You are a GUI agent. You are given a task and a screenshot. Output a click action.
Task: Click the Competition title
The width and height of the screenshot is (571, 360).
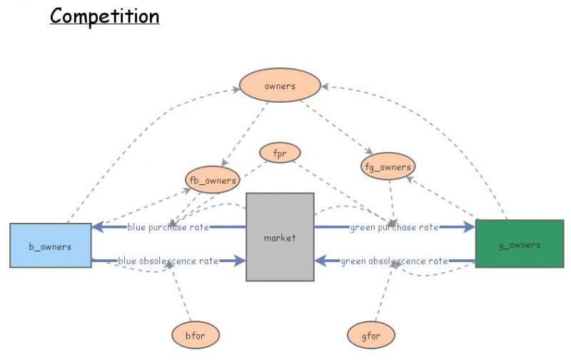coord(104,16)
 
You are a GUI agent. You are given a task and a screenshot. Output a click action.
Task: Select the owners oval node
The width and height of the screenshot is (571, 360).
coord(280,86)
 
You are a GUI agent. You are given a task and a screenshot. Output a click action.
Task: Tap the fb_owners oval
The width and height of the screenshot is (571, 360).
coord(211,181)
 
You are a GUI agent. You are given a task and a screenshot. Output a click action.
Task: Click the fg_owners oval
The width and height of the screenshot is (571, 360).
coord(388,167)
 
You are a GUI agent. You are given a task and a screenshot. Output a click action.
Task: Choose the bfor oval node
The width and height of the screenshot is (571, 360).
coord(195,334)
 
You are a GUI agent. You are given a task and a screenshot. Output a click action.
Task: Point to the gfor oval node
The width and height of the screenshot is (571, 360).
coord(370,334)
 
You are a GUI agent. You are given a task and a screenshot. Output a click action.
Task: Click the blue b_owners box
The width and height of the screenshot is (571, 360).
coord(51,246)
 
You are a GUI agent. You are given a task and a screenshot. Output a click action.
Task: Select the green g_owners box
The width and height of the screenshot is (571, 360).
coord(518,244)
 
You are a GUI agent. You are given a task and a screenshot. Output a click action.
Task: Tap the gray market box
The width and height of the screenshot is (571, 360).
coord(280,236)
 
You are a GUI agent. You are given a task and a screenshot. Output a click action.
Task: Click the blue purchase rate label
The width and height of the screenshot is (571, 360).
coord(168,227)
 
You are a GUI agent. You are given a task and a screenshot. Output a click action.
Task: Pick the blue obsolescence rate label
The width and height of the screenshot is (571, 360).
coord(168,261)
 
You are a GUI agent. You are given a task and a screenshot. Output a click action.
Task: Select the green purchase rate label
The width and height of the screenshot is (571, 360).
coord(394,227)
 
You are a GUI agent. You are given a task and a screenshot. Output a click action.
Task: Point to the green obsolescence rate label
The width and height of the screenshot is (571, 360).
coord(394,261)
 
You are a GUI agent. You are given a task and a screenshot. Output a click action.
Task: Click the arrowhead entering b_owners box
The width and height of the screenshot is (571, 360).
coord(99,227)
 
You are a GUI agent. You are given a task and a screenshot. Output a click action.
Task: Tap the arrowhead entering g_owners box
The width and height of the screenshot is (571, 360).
coord(468,227)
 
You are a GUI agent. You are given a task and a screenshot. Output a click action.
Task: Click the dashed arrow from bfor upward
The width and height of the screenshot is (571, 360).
coord(180,293)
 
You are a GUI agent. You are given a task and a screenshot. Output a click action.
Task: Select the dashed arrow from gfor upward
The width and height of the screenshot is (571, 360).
coord(383,293)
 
